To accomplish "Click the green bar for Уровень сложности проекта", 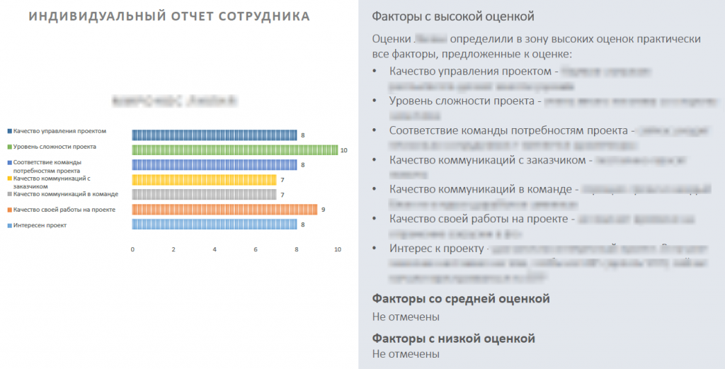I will tap(235, 149).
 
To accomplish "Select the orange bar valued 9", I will tap(224, 209).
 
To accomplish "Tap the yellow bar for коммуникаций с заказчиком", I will tap(204, 179).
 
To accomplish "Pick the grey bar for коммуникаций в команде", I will tap(204, 194).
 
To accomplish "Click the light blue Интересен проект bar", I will tap(215, 224).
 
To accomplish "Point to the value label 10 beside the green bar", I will tap(344, 150).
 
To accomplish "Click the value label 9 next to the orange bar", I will tap(323, 210).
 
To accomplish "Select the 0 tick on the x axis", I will tap(132, 250).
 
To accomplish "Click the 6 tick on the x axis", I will tap(256, 250).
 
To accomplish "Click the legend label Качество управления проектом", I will tap(59, 131).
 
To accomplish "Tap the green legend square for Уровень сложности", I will tap(9, 147).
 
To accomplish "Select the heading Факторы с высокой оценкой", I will tap(453, 16).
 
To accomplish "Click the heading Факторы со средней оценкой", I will tap(461, 298).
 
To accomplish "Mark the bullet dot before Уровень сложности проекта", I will tap(375, 101).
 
